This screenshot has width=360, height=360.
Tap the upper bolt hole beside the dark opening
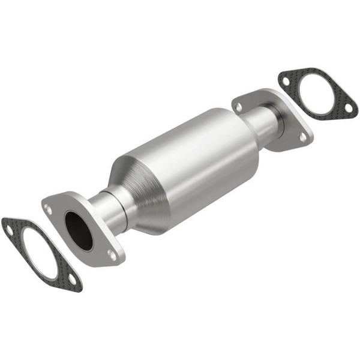47,209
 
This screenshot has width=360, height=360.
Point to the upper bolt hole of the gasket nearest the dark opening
8,227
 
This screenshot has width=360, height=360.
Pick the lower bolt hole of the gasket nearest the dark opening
72,280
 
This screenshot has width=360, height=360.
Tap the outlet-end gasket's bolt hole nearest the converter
287,78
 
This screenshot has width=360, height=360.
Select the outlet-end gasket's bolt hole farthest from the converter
346,109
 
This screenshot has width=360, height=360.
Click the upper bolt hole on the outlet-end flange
239,106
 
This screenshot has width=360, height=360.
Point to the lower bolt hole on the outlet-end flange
302,137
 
